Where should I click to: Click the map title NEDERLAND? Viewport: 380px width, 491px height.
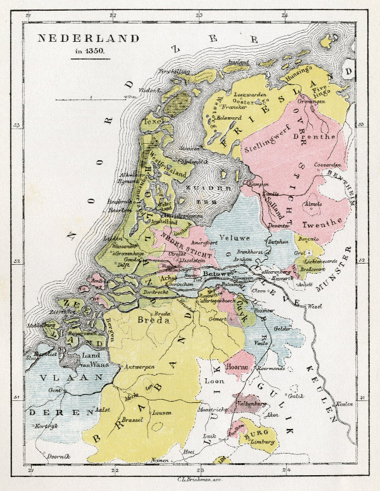[x=88, y=38]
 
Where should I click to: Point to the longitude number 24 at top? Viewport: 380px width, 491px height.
[x=284, y=14]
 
